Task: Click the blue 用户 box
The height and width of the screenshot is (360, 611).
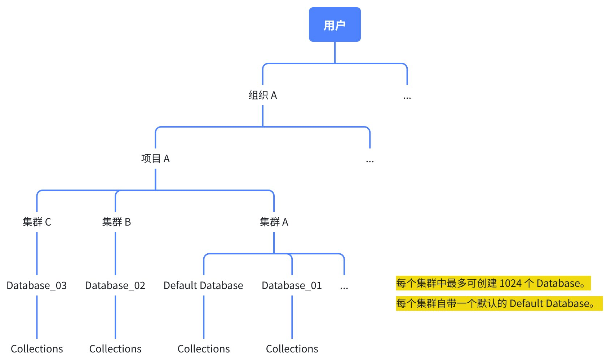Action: (x=335, y=25)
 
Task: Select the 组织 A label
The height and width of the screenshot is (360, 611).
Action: (x=262, y=95)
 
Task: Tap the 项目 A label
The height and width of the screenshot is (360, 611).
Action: (x=155, y=159)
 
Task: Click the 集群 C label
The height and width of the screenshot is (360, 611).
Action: (x=37, y=222)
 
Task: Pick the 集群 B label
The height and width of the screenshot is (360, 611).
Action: (x=116, y=222)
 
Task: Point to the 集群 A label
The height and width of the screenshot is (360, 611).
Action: (x=274, y=222)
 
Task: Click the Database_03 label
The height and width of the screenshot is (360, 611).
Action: (x=37, y=285)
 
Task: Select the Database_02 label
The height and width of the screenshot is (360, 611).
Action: (x=115, y=285)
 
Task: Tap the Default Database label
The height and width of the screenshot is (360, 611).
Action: (x=203, y=285)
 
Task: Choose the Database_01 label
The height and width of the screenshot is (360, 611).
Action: (x=292, y=285)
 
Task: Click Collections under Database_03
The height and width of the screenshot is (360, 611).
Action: (x=37, y=349)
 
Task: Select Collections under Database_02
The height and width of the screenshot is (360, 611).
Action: (x=115, y=349)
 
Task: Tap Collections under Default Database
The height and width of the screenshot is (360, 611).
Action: (x=204, y=349)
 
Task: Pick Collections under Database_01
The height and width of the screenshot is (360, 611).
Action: (x=292, y=349)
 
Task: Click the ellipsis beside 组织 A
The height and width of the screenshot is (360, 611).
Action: (x=407, y=97)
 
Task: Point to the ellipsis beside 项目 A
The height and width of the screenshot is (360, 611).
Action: (x=370, y=161)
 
